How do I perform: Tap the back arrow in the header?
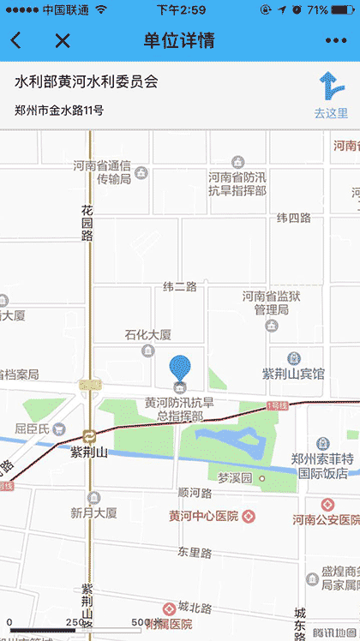coord(16,40)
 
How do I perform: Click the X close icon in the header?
coord(62,40)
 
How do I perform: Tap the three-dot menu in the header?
coord(336,40)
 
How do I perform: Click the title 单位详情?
coord(180,40)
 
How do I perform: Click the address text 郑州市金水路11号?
coord(59,110)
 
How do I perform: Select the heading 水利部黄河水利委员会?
coord(87,82)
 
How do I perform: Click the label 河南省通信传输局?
coord(102,172)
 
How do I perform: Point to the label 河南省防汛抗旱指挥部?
coord(237,183)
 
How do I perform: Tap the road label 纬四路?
coord(293,218)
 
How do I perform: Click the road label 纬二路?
coord(180,286)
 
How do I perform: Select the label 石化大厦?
coord(148,334)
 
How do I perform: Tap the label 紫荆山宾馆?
coord(293,374)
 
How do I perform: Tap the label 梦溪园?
coord(236,477)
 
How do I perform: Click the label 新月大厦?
coord(94,512)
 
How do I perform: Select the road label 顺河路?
coord(195,493)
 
